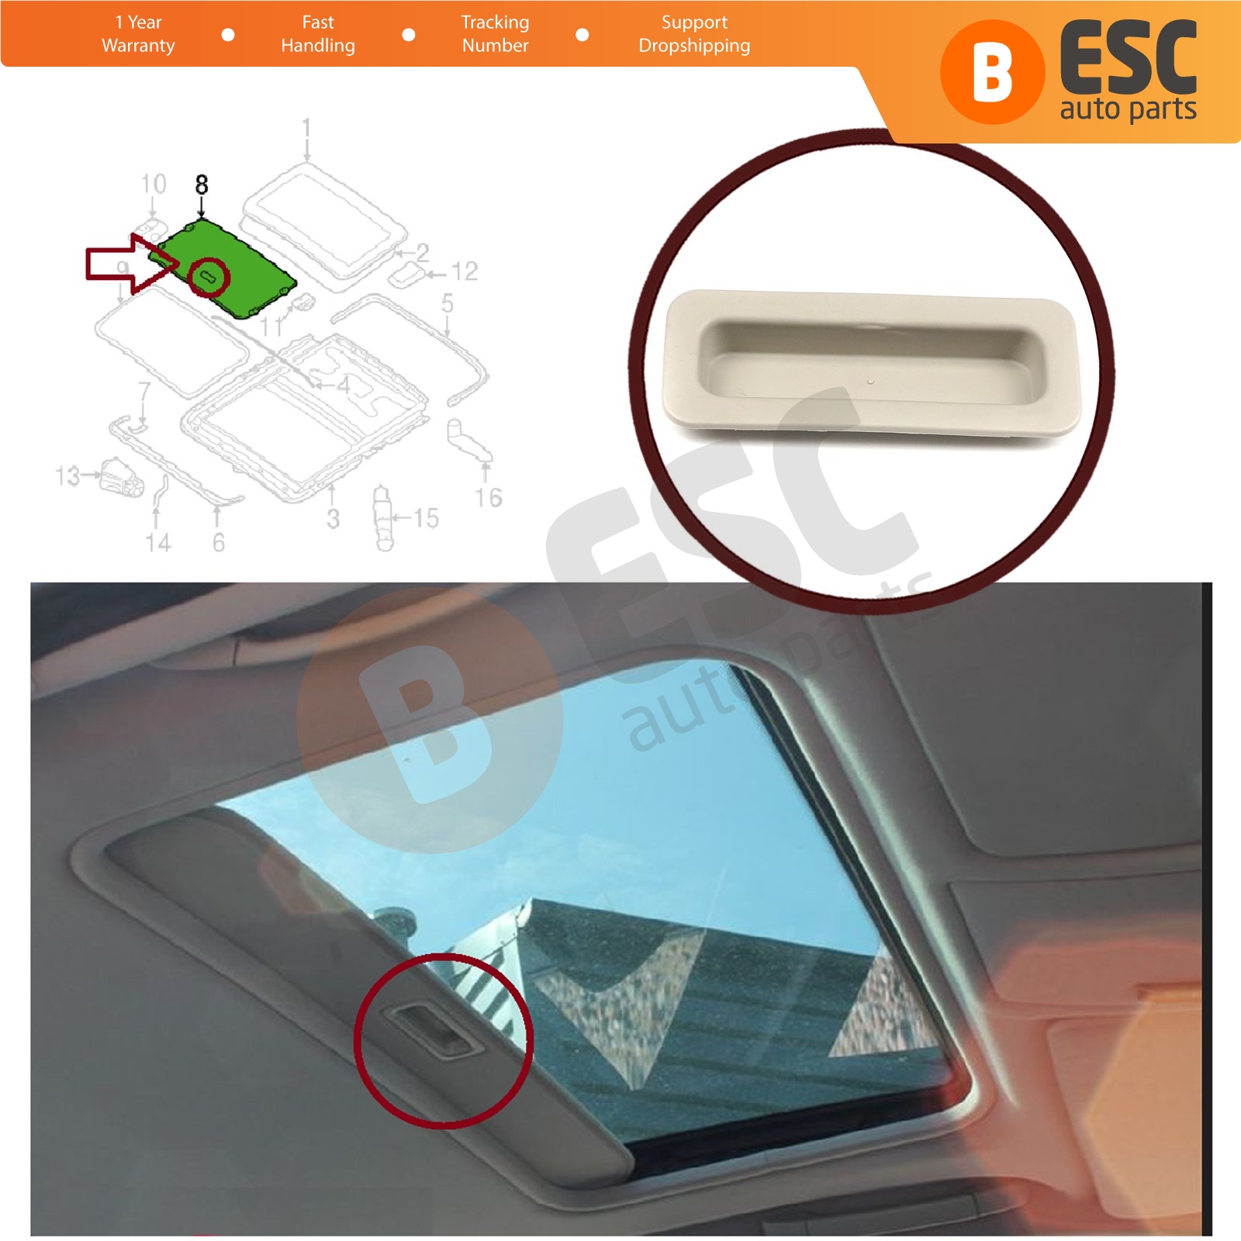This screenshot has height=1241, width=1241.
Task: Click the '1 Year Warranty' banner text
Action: [x=138, y=34]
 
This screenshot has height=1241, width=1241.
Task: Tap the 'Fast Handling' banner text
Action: [x=318, y=34]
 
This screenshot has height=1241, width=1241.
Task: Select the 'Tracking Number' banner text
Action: [x=495, y=34]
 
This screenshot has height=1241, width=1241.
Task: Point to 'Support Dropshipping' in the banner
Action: [x=694, y=34]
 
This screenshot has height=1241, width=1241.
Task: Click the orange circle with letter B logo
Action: [x=992, y=72]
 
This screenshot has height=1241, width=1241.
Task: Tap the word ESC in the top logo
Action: [x=1128, y=59]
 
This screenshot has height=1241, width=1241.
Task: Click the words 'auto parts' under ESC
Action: [x=1128, y=109]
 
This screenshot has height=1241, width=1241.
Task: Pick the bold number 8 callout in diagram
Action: [x=202, y=185]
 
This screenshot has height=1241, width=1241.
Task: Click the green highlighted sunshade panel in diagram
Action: [x=226, y=268]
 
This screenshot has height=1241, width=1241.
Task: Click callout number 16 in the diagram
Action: [x=489, y=497]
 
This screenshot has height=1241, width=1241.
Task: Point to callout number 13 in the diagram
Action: [x=67, y=475]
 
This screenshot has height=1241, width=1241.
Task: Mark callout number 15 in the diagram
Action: [x=426, y=517]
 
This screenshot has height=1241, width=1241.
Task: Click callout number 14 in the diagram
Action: [x=158, y=542]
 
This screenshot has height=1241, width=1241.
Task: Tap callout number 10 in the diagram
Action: [x=154, y=184]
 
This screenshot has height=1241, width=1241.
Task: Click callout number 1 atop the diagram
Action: [x=306, y=127]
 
